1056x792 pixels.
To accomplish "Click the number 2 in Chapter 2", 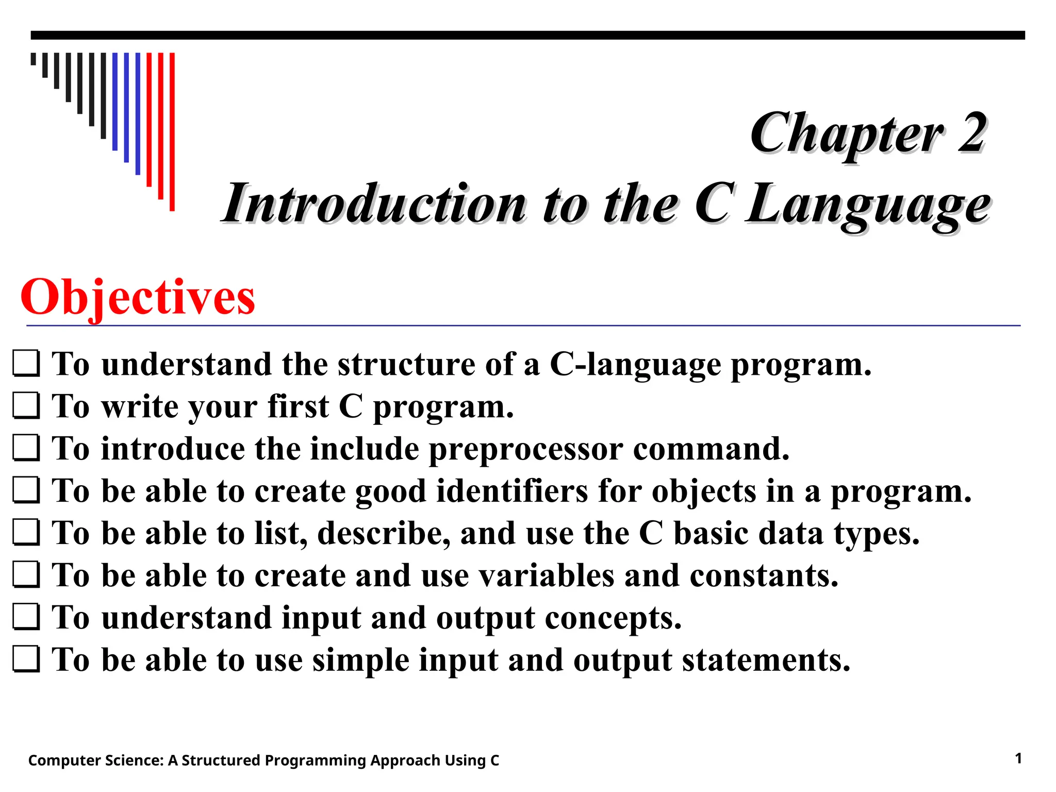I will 972,133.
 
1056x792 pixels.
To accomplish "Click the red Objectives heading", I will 138,298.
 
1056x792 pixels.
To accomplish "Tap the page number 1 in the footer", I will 1018,758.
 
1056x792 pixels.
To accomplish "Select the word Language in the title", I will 868,205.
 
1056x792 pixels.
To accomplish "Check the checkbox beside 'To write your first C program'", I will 26,406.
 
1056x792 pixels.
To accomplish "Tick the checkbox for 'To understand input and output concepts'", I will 26,617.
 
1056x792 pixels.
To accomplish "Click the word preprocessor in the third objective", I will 526,449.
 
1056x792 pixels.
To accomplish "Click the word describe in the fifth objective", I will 384,533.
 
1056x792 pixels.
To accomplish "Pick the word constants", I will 764,575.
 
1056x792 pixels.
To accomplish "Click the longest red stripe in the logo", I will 172,131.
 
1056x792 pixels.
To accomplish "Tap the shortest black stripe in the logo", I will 34,59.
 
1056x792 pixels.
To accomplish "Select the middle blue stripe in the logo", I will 126,107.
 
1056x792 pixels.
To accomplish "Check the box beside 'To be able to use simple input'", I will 26,659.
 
